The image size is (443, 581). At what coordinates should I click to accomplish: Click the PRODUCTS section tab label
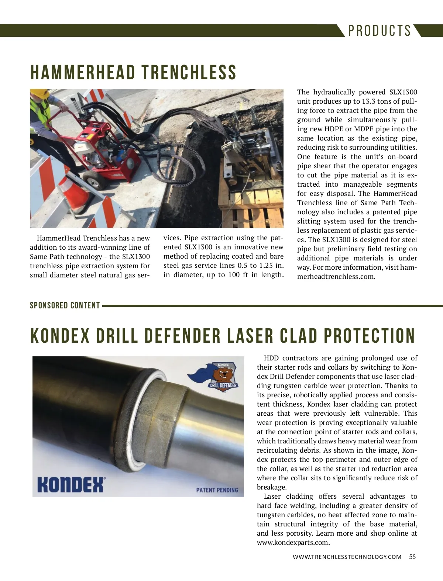click(380, 31)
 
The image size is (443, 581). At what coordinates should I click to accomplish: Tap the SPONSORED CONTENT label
click(65, 305)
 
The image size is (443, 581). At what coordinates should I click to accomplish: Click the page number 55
click(412, 557)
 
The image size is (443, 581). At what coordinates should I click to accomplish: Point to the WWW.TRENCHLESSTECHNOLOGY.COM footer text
click(347, 557)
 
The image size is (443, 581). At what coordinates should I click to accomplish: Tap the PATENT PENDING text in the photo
click(217, 490)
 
